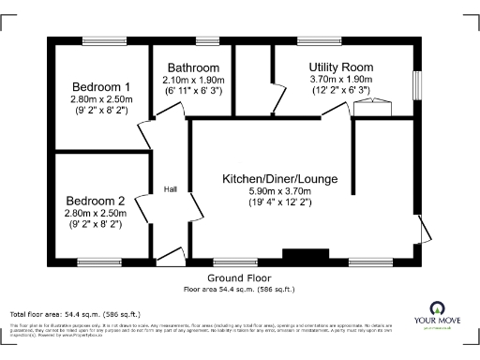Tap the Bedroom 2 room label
pos(95,201)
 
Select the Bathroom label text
pos(193,67)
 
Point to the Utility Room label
pos(341,67)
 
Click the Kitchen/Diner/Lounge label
pos(279,178)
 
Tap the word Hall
pos(171,190)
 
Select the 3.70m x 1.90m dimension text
pos(341,80)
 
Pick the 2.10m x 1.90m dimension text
pos(193,80)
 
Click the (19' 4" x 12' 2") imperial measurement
pos(279,202)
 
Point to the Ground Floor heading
pos(239,278)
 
